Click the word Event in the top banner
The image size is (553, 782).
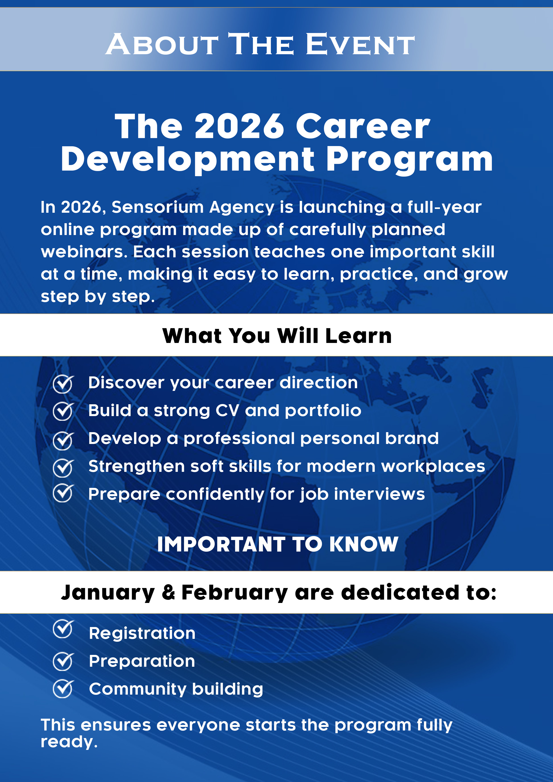click(360, 44)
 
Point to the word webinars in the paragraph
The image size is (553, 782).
click(84, 252)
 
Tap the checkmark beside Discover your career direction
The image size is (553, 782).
click(63, 384)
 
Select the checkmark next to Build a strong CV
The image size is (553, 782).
click(63, 411)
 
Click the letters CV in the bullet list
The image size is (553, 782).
click(227, 411)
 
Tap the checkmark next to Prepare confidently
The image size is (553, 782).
click(63, 493)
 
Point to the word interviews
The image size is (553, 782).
click(379, 494)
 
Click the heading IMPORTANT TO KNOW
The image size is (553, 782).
click(278, 544)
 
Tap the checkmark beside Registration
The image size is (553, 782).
click(63, 629)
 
